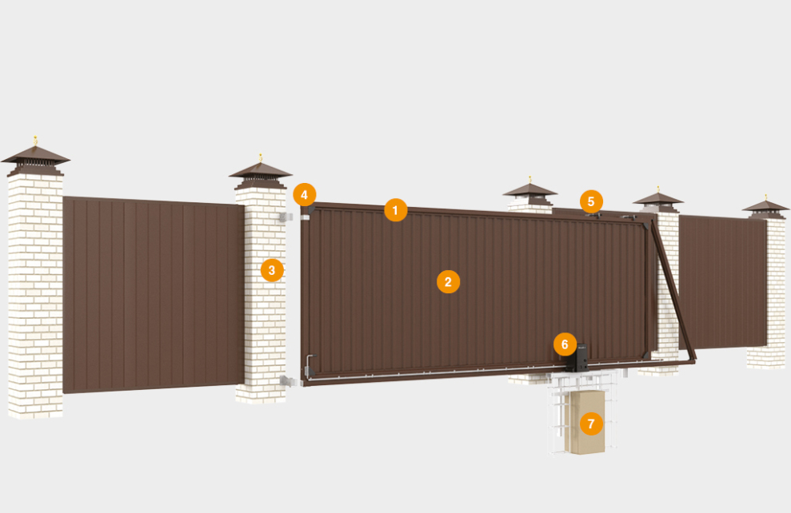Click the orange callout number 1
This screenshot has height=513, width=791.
(x=395, y=210)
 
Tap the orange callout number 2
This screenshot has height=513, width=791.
(x=448, y=281)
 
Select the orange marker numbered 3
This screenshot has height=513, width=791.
(x=272, y=270)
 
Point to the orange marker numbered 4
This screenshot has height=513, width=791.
(x=305, y=194)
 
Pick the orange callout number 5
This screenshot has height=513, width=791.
(x=591, y=201)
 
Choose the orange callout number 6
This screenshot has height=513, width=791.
(x=565, y=345)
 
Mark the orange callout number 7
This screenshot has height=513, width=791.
(x=590, y=424)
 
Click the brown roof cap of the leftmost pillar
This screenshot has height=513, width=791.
(x=35, y=157)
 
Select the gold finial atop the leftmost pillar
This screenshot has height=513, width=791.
(x=35, y=141)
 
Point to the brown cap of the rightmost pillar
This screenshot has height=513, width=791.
(x=765, y=207)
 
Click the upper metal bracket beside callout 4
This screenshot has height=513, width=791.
(x=283, y=217)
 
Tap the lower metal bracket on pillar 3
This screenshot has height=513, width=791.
(x=285, y=380)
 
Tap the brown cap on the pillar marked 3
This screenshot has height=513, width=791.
(x=260, y=173)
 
